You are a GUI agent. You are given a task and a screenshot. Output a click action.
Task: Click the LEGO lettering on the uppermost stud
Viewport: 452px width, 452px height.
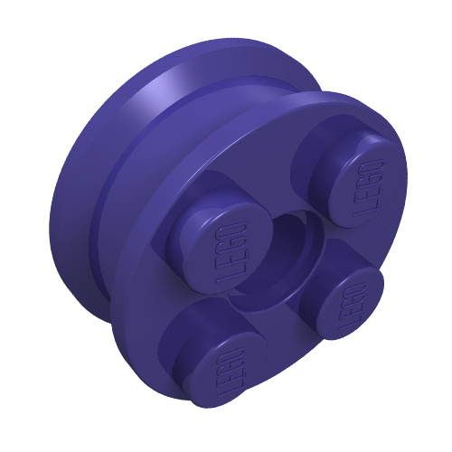click(368, 188)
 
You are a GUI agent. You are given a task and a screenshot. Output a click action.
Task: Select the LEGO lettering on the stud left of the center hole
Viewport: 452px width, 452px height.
click(231, 252)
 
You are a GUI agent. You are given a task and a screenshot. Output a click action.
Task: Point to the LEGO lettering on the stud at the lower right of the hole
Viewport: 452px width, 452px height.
click(353, 306)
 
